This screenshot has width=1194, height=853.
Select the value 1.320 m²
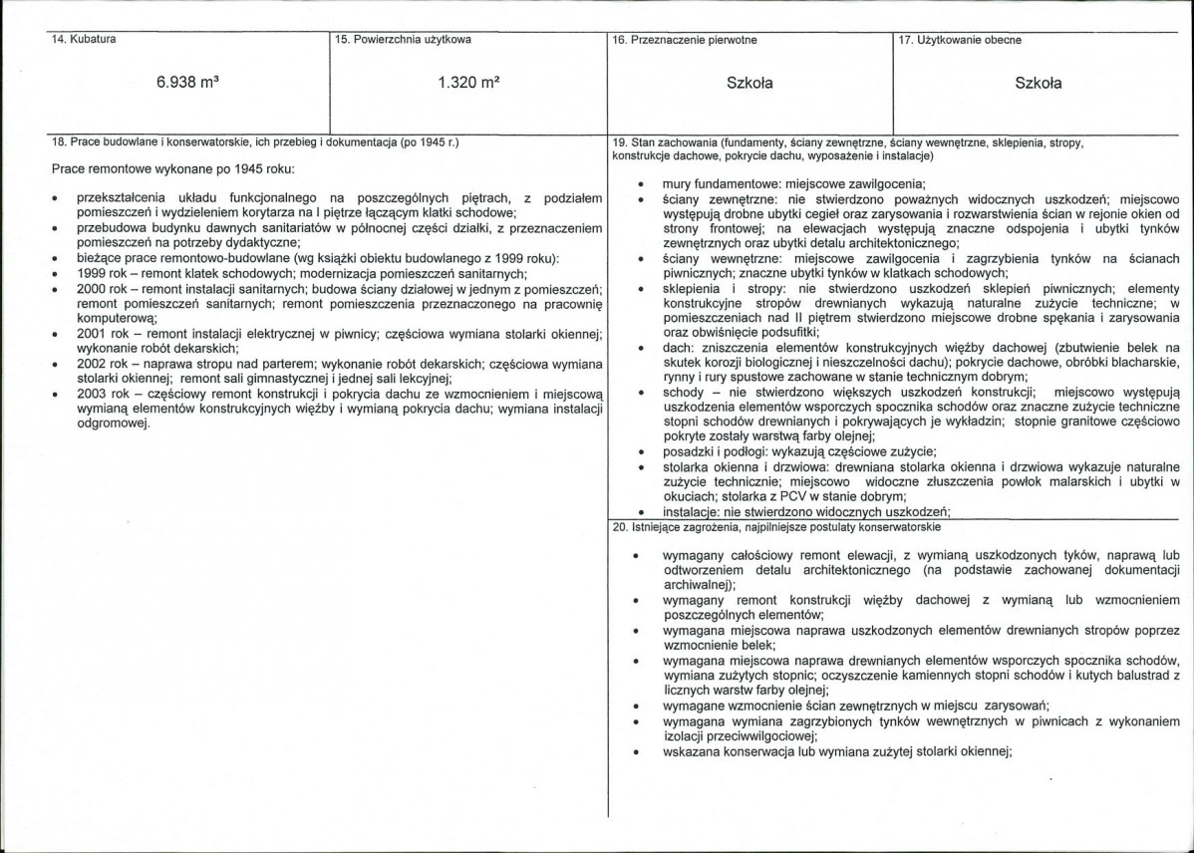(467, 84)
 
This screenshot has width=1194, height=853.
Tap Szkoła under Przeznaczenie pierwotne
(750, 84)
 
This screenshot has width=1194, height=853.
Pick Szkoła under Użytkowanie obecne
(1038, 84)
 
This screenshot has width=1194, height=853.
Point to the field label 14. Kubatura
(86, 40)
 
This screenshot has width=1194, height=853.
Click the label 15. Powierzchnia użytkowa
(404, 40)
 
